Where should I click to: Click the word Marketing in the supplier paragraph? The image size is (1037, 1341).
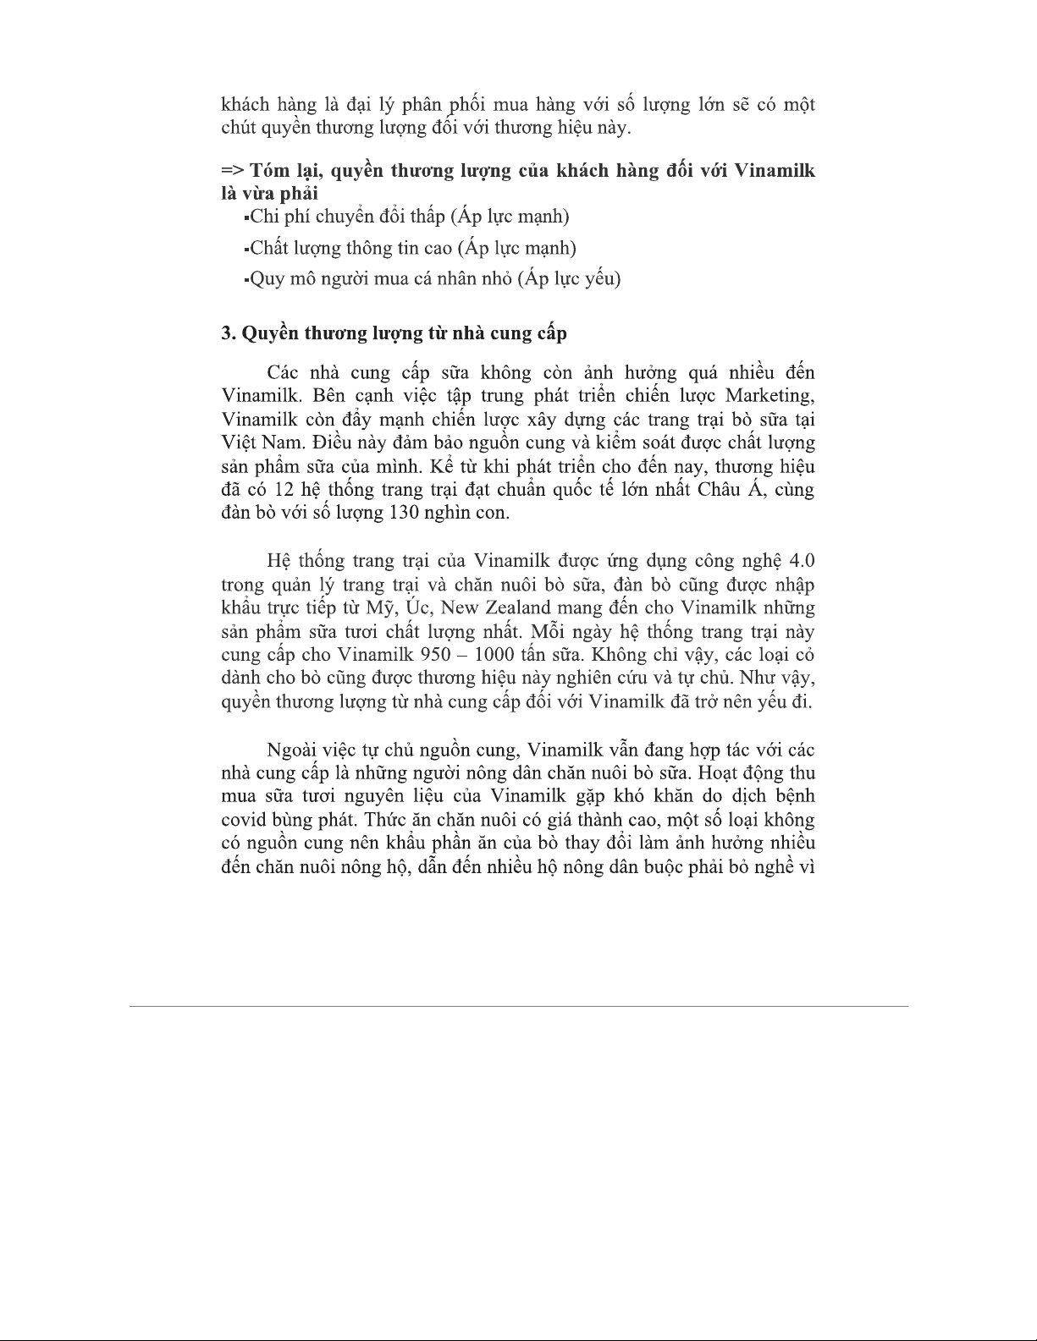[768, 396]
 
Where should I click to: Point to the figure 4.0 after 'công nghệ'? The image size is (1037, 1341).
[801, 561]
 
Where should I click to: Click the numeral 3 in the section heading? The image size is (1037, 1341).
[227, 334]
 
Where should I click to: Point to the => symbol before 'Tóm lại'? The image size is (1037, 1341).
[232, 171]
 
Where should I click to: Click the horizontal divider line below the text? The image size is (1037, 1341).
[518, 1006]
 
